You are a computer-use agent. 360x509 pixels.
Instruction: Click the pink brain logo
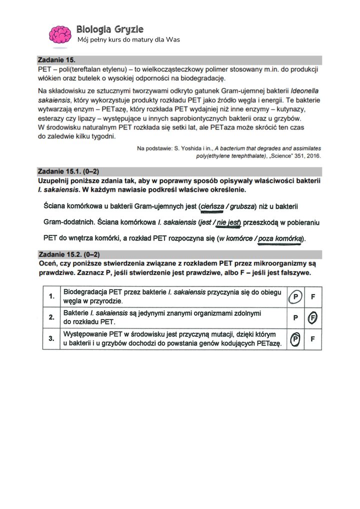pyautogui.click(x=59, y=34)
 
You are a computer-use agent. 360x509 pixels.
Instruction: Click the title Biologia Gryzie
pyautogui.click(x=110, y=29)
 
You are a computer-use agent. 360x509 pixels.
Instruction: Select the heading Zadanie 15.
pyautogui.click(x=56, y=60)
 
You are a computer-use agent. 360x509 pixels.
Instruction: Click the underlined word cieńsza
pyautogui.click(x=212, y=206)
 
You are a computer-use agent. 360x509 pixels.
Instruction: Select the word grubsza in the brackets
pyautogui.click(x=242, y=206)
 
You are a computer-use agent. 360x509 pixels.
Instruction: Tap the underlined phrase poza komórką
pyautogui.click(x=280, y=238)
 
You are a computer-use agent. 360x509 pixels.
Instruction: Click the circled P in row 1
pyautogui.click(x=295, y=297)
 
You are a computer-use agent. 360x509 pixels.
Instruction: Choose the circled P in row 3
pyautogui.click(x=295, y=339)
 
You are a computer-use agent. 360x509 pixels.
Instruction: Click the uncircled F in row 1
pyautogui.click(x=313, y=297)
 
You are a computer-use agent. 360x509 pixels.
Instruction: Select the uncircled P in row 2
pyautogui.click(x=295, y=317)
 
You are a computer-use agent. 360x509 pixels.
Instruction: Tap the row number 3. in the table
pyautogui.click(x=51, y=339)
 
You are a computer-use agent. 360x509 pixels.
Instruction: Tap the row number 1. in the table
pyautogui.click(x=51, y=297)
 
